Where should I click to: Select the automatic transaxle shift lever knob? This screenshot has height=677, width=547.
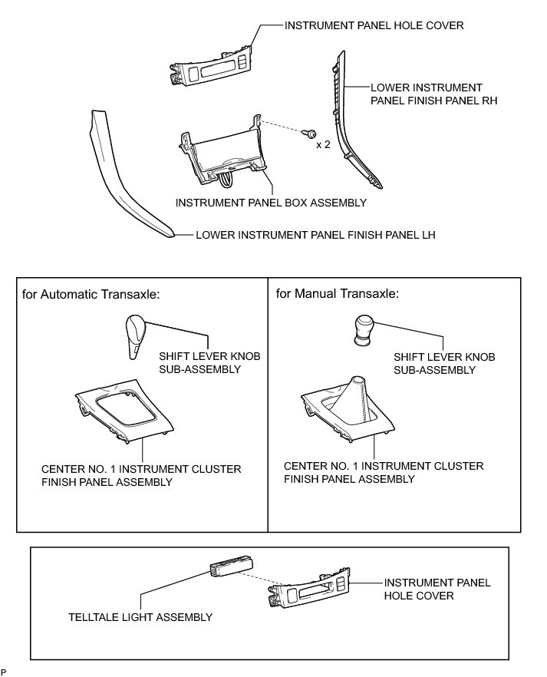point(136,336)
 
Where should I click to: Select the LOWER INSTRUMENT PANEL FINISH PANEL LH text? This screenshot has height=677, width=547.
point(315,236)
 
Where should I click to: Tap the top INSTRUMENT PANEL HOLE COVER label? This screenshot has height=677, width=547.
point(374,25)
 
